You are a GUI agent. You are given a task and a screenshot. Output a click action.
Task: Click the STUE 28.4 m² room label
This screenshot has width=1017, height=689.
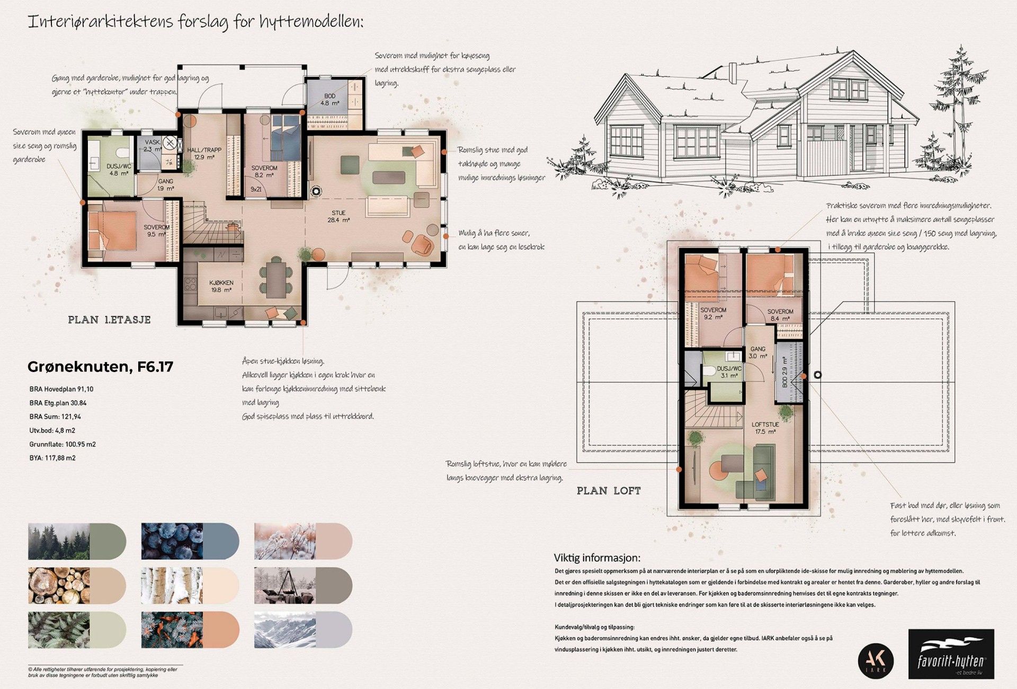pyautogui.click(x=338, y=216)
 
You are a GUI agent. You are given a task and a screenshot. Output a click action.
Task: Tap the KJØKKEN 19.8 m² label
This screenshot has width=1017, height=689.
pyautogui.click(x=221, y=286)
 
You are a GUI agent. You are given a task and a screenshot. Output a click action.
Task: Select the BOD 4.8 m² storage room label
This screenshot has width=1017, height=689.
pyautogui.click(x=329, y=100)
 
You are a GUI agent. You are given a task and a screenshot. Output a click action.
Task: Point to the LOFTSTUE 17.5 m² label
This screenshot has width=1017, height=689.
pyautogui.click(x=765, y=428)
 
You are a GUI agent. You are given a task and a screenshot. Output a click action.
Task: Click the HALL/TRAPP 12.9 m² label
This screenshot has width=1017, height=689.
pyautogui.click(x=204, y=154)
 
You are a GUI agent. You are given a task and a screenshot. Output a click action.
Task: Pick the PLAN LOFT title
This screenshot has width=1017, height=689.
pyautogui.click(x=609, y=491)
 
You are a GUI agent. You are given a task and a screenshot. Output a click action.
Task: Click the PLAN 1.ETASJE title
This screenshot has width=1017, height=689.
pyautogui.click(x=109, y=320)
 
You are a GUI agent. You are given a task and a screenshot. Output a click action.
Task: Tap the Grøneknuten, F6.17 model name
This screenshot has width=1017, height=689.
pyautogui.click(x=100, y=367)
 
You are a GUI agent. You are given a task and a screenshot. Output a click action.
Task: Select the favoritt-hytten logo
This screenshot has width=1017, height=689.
pyautogui.click(x=951, y=653)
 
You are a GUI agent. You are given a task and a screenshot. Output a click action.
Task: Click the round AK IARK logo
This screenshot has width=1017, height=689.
pyautogui.click(x=876, y=661)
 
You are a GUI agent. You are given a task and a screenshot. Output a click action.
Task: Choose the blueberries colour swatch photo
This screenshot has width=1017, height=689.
pyautogui.click(x=172, y=542)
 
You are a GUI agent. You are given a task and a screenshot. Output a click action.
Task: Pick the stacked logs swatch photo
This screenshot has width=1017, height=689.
pyautogui.click(x=58, y=586)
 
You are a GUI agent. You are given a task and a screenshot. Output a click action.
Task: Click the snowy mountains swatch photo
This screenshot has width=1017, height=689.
pyautogui.click(x=285, y=630)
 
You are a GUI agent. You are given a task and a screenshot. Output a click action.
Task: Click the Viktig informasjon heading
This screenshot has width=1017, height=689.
pyautogui.click(x=597, y=558)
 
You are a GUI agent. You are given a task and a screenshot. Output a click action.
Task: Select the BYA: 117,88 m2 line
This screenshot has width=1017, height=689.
pyautogui.click(x=52, y=458)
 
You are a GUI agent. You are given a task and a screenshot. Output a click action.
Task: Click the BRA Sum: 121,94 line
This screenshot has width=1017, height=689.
pyautogui.click(x=55, y=417)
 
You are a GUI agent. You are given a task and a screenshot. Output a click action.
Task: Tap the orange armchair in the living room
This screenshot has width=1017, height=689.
pyautogui.click(x=422, y=244)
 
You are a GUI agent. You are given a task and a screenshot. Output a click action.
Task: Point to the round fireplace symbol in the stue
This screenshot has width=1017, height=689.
pyautogui.click(x=316, y=191)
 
